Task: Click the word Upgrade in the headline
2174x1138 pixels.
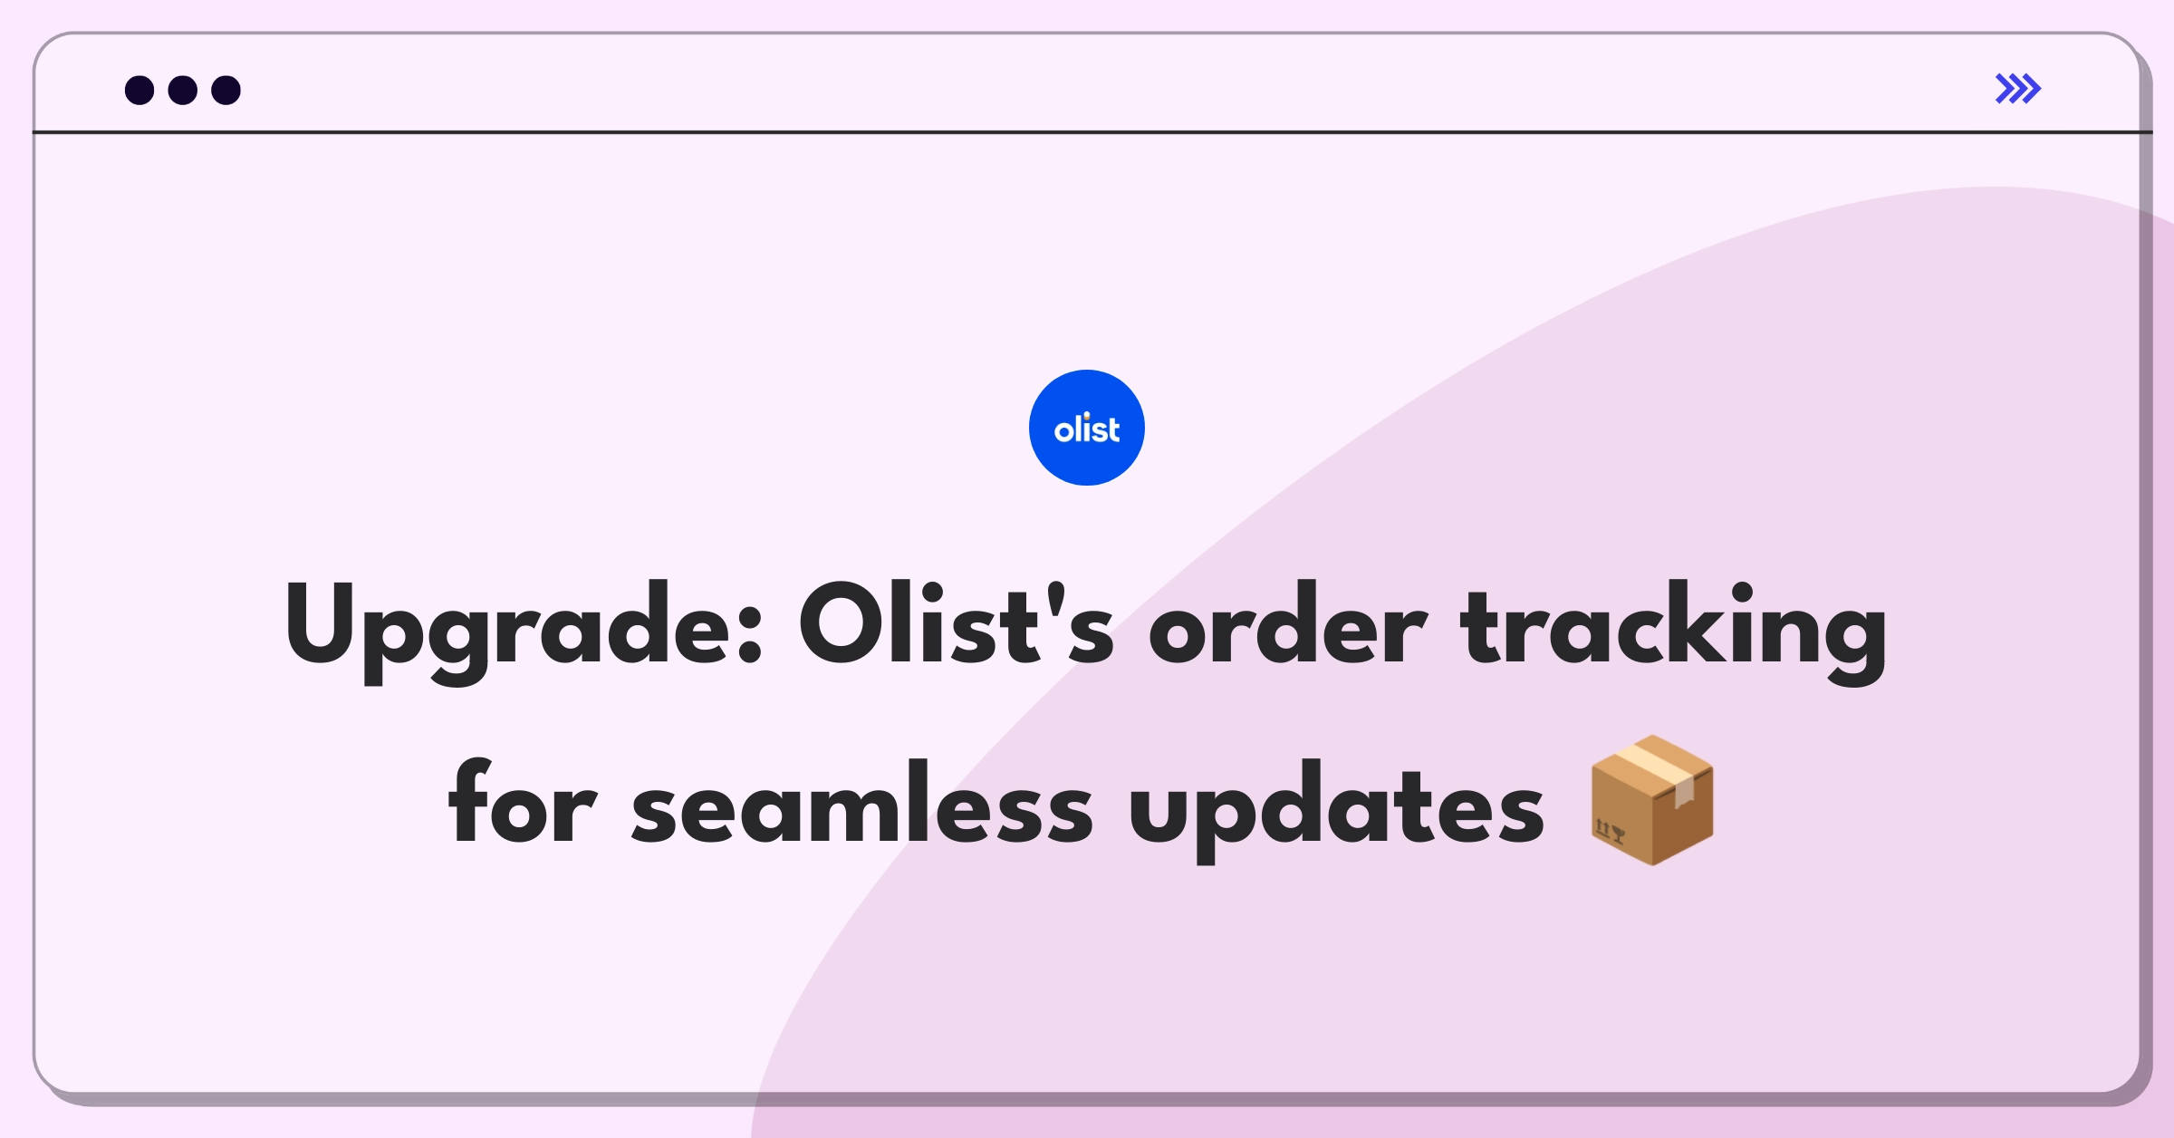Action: (x=524, y=632)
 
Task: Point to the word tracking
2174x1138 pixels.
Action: (x=1674, y=632)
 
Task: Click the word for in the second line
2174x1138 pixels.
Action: (x=523, y=801)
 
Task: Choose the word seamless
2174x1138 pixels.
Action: (x=862, y=801)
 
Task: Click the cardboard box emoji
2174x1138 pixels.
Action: (x=1652, y=800)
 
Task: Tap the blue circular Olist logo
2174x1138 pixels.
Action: (x=1087, y=428)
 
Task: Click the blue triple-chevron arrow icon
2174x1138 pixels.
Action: (x=2018, y=89)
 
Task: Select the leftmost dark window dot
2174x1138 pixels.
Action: (x=139, y=90)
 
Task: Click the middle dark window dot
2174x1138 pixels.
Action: (x=183, y=90)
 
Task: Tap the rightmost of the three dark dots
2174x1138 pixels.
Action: (x=226, y=90)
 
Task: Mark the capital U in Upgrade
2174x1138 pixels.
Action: (x=325, y=623)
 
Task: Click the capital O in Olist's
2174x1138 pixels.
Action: (x=842, y=623)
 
